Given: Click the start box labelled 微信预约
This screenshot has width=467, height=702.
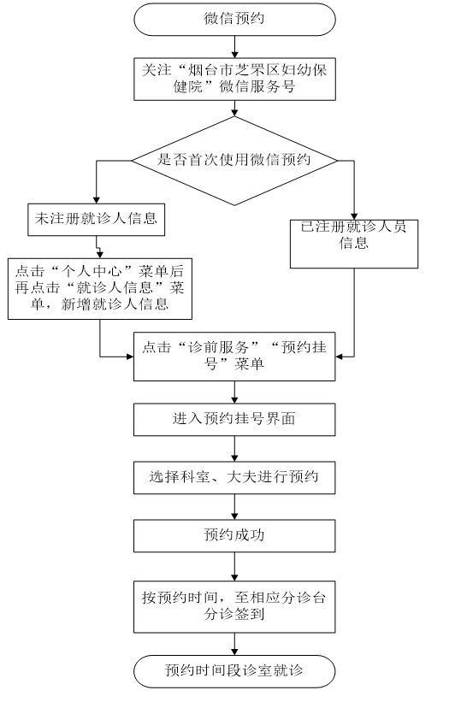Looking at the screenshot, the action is click(234, 20).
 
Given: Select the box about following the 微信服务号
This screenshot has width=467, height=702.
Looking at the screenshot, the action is click(234, 79).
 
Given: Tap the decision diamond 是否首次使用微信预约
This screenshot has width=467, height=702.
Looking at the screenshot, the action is click(234, 161).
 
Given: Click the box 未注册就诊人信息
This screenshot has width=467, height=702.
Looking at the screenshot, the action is click(97, 220).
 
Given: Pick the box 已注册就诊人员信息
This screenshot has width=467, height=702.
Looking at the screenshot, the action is click(354, 244).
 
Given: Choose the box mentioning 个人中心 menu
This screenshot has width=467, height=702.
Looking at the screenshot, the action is click(100, 289).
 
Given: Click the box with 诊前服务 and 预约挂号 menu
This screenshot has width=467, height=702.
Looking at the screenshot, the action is click(234, 357).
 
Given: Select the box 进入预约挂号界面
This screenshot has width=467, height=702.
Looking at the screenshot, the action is click(234, 420).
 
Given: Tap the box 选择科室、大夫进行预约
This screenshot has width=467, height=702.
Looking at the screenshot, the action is click(234, 477).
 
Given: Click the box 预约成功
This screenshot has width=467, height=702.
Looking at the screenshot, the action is click(234, 535).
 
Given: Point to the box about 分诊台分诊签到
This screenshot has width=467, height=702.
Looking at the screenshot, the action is click(234, 606).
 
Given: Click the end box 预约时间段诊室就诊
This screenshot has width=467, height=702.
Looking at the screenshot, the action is click(234, 671).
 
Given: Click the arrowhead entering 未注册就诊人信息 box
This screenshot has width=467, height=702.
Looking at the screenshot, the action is click(97, 201).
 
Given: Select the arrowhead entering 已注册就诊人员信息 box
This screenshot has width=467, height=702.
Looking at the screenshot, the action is click(354, 216).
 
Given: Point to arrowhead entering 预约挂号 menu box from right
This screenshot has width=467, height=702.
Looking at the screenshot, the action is click(339, 357).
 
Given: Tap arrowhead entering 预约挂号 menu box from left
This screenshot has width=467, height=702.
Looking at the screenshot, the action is click(130, 357).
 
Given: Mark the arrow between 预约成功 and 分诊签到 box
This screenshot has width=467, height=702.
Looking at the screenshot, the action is click(234, 566).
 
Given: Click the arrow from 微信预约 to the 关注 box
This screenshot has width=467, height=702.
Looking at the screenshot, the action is click(234, 46).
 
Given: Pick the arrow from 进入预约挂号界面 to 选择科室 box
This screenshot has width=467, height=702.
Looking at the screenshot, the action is click(234, 449).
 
